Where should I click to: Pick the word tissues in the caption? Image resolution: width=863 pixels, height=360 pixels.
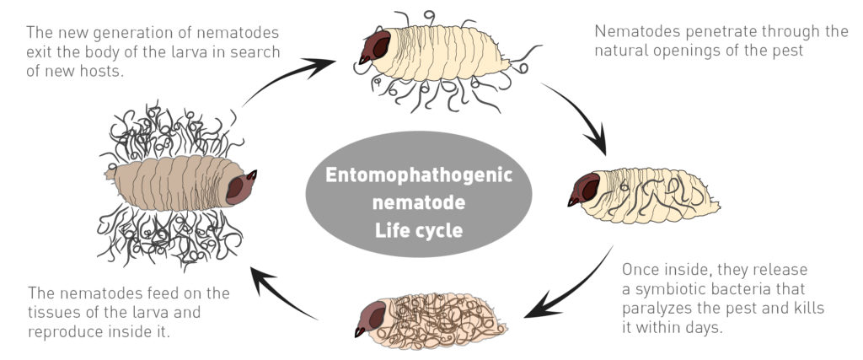coord(56,312)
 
